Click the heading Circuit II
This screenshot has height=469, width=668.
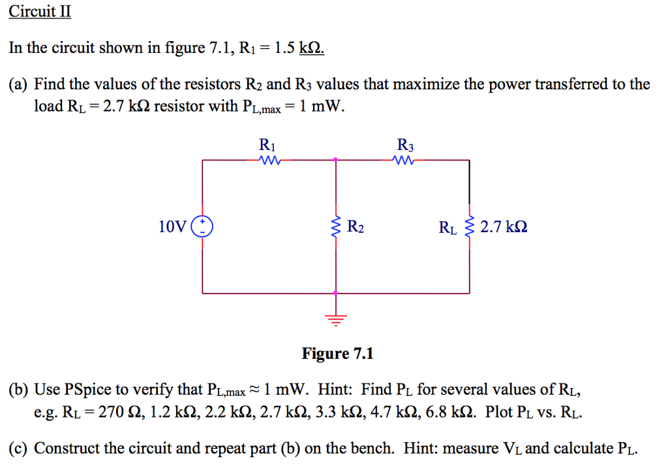coord(39,12)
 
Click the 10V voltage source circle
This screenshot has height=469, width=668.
coord(202,227)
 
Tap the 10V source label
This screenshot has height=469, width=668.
coord(172,227)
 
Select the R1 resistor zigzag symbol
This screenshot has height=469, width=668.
coord(269,160)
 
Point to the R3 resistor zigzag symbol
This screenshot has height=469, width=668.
coord(404,160)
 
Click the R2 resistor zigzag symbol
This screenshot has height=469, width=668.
coord(336,227)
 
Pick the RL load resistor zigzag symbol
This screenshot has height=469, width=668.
coord(469,227)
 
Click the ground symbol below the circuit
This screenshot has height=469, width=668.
coord(336,319)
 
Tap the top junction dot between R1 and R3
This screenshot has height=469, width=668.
coord(336,159)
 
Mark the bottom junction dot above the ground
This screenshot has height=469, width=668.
coord(336,294)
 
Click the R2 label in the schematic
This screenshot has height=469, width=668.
coord(356,228)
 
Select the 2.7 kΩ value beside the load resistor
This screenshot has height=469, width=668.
coord(504,227)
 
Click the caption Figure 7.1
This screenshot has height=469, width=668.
coord(337,354)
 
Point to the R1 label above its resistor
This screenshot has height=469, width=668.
coord(267,145)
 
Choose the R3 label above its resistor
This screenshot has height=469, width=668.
coord(405,145)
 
